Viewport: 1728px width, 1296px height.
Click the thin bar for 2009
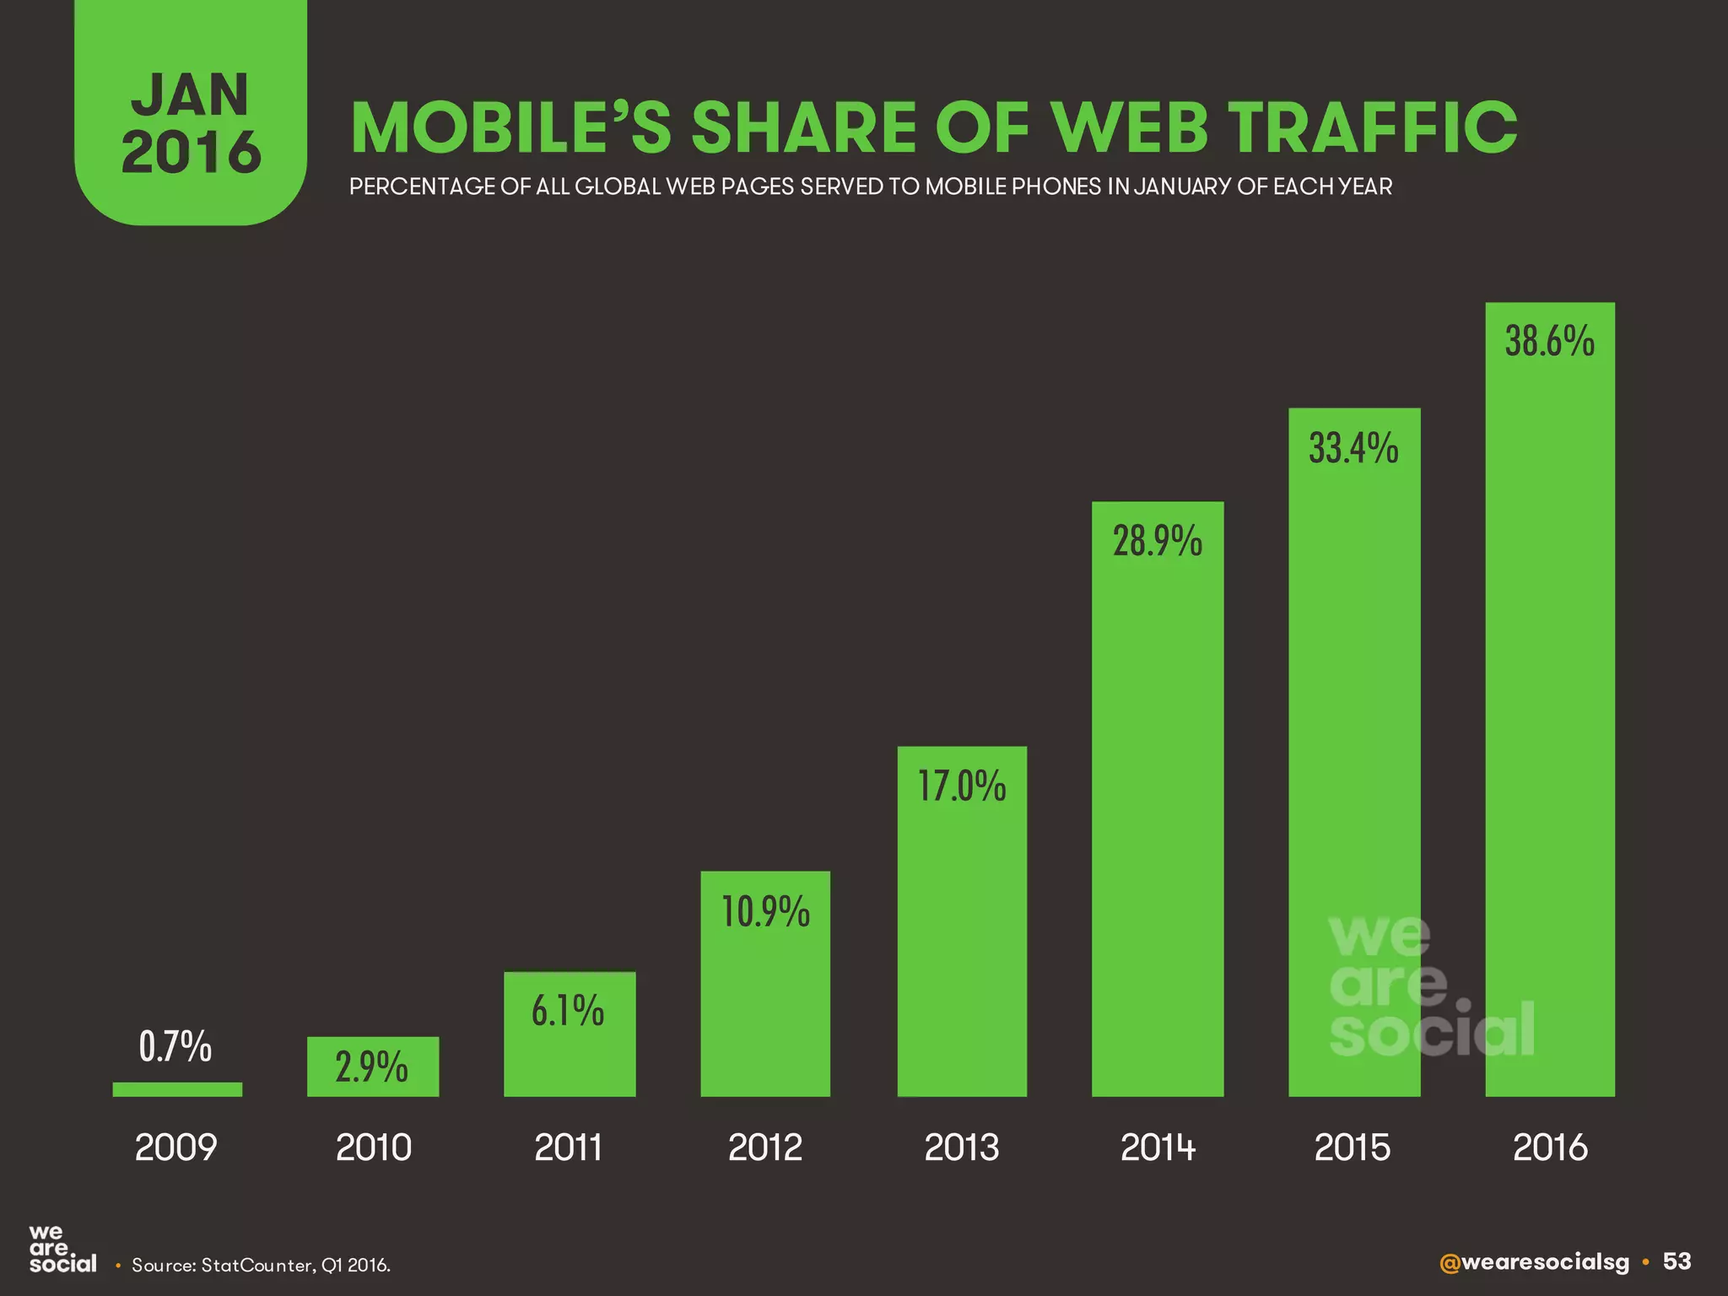[x=177, y=1089]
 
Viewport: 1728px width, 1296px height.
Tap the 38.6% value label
[x=1550, y=342]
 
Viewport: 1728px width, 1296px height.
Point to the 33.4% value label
[x=1353, y=448]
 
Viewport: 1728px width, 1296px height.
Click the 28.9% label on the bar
[x=1158, y=541]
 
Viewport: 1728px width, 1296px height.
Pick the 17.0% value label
[x=962, y=786]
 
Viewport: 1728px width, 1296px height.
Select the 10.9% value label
[x=765, y=913]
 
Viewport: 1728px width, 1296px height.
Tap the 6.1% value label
[x=568, y=1011]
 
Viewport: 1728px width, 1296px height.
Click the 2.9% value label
[x=372, y=1068]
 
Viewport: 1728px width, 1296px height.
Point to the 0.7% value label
[x=175, y=1047]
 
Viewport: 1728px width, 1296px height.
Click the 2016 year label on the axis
[x=1550, y=1147]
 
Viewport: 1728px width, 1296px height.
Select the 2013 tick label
[x=962, y=1147]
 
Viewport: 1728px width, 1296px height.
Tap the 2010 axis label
[x=373, y=1147]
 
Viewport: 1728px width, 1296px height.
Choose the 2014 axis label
[x=1158, y=1147]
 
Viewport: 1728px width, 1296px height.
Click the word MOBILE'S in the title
[x=510, y=128]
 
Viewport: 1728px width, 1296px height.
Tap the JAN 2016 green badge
[x=191, y=122]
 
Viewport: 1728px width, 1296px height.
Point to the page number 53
[x=1677, y=1261]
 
